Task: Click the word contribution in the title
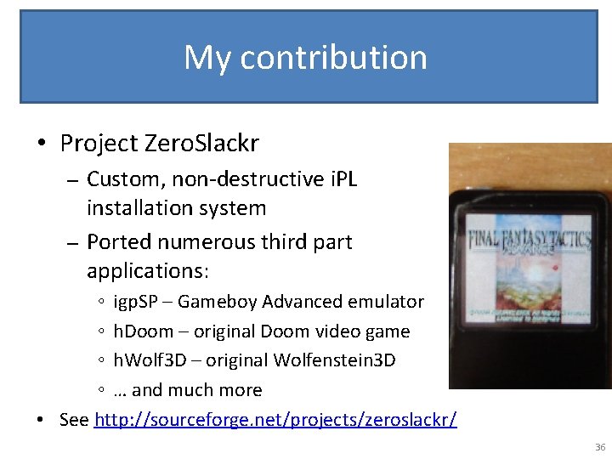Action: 333,57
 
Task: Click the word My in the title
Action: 207,58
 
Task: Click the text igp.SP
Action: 141,302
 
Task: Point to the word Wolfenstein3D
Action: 334,360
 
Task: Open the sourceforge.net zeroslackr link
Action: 275,420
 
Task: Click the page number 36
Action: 600,447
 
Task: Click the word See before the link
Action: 75,420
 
